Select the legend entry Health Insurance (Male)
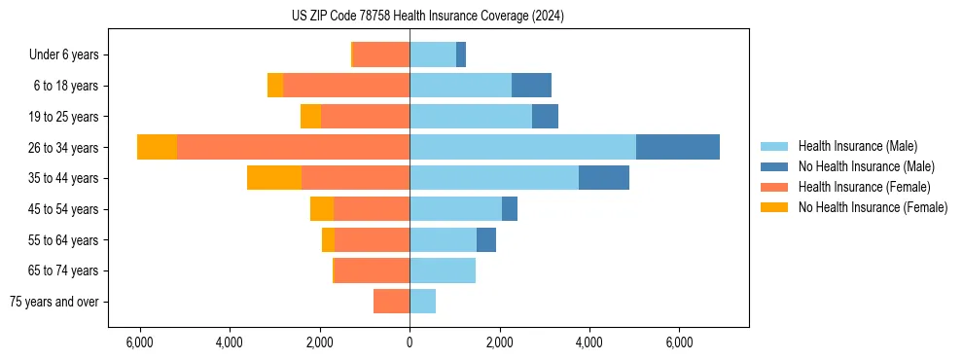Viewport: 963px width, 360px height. point(857,146)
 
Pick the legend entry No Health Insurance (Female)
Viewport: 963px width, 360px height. point(873,207)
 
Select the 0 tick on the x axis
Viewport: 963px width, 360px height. point(410,342)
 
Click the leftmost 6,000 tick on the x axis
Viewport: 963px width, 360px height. point(140,342)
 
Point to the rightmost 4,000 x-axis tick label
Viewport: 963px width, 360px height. point(589,342)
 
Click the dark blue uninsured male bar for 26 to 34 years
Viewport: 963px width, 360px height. point(678,147)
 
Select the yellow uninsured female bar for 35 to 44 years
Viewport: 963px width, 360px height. point(274,178)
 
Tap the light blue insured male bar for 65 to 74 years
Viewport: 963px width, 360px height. point(443,270)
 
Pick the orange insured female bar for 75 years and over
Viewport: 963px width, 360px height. point(391,302)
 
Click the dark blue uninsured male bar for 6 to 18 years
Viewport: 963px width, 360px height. point(531,86)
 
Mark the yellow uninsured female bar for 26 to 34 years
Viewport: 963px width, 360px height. point(157,147)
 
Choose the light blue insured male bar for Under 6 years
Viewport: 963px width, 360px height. point(433,54)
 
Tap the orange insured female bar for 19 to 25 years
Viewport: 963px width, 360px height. point(365,117)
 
